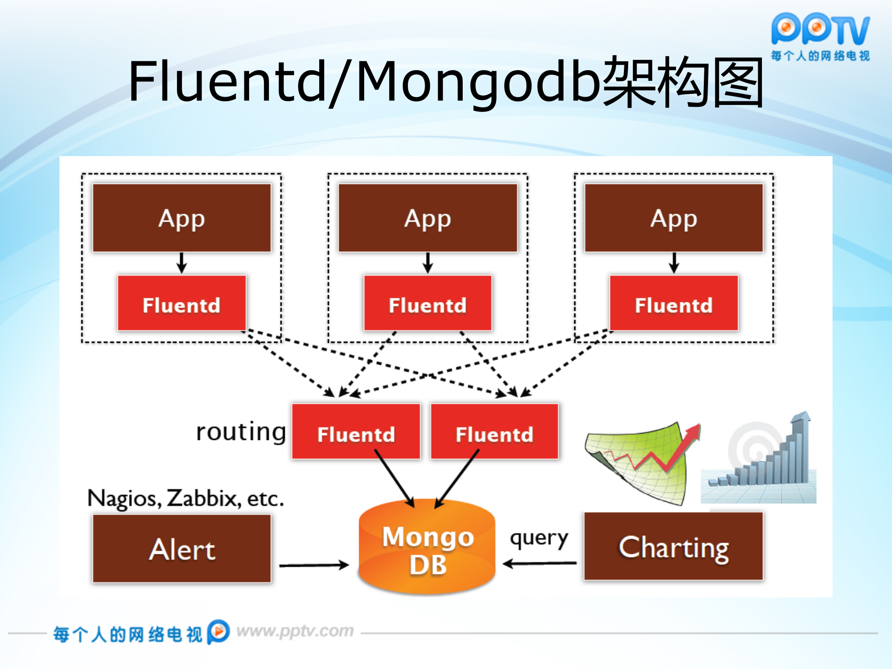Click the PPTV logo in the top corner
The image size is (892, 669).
820,36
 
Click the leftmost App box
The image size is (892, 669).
182,218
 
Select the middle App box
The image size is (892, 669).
427,218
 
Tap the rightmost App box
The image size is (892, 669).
674,218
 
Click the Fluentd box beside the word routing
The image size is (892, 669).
356,432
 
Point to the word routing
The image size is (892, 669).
241,432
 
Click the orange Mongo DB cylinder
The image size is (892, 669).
427,548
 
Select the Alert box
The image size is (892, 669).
182,549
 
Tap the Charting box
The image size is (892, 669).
674,546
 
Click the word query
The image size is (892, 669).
539,539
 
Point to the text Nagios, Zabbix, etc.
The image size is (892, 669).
185,498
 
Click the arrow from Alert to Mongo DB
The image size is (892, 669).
314,565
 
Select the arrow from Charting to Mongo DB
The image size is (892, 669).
540,564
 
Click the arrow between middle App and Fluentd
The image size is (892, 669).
428,263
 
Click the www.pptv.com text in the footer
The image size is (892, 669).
295,631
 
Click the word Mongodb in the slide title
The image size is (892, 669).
479,81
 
